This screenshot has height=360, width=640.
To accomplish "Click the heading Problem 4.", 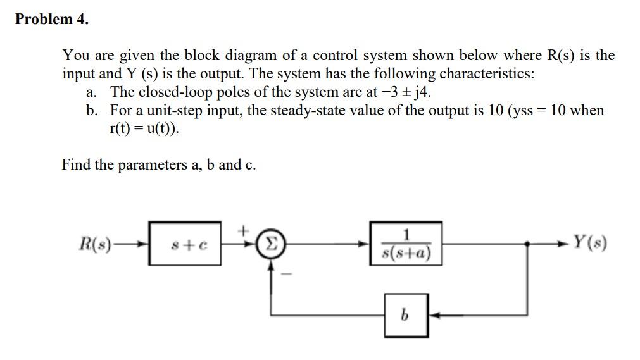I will (x=52, y=19).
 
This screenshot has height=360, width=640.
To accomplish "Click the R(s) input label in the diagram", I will (x=94, y=243).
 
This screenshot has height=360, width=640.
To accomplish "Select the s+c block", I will (x=185, y=243).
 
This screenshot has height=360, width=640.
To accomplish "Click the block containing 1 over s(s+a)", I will (x=406, y=243).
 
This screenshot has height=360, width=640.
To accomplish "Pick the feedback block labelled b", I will (x=406, y=314).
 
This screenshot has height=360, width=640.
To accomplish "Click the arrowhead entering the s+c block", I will (x=144, y=243).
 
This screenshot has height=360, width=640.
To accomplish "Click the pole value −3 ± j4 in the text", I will (x=405, y=92).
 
